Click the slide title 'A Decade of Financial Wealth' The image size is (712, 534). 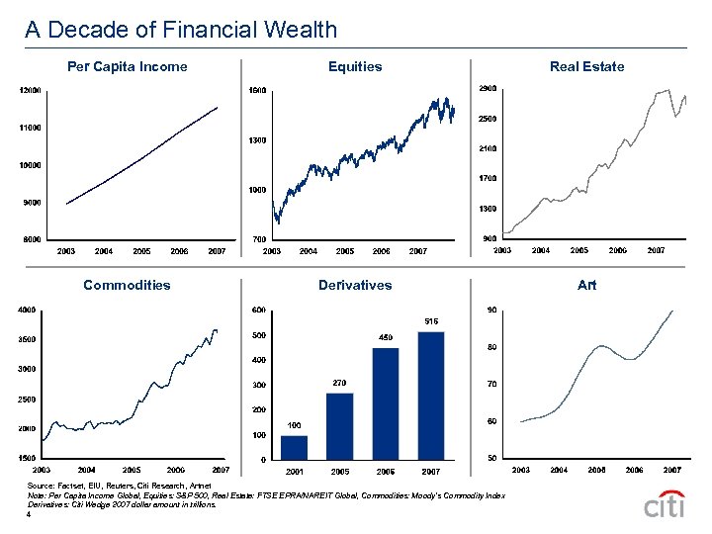click(x=181, y=30)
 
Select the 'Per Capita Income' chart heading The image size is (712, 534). click(x=127, y=66)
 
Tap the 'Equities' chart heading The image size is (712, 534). click(x=355, y=66)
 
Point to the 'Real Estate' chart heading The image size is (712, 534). click(x=586, y=66)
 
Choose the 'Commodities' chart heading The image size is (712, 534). click(x=127, y=285)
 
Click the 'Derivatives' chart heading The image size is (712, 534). click(x=355, y=285)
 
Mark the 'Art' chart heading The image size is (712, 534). click(x=586, y=285)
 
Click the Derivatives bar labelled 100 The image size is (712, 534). click(x=295, y=447)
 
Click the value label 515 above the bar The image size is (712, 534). click(x=431, y=320)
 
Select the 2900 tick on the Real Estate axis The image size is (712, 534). click(x=487, y=89)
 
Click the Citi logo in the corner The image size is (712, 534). click(x=664, y=504)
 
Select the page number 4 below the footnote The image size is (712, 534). click(x=30, y=514)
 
